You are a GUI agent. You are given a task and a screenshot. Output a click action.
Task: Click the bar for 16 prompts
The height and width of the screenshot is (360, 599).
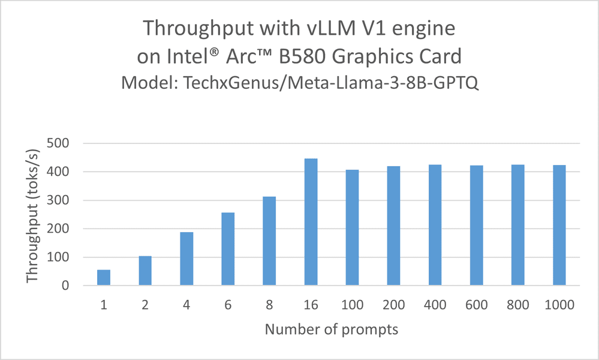coord(311,222)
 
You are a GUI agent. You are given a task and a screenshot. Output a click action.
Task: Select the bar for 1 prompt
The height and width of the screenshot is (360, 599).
coord(104,278)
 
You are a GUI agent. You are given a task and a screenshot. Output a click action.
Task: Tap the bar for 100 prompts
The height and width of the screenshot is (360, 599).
coord(352,228)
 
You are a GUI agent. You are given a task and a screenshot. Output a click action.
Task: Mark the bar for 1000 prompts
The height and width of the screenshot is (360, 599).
coord(559,226)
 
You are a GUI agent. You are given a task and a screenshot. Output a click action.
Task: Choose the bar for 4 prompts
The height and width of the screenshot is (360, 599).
coord(186,259)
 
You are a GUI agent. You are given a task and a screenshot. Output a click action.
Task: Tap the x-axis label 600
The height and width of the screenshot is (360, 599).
coord(476,305)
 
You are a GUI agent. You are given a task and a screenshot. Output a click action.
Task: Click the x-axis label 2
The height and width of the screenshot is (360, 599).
coord(145,305)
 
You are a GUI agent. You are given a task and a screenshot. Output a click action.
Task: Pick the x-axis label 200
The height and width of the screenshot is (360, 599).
coord(393,305)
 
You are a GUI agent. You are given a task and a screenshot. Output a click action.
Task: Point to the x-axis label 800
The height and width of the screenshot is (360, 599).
coord(517,305)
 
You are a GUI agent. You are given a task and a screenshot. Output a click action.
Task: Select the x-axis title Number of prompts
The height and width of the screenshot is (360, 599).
coord(332,329)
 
